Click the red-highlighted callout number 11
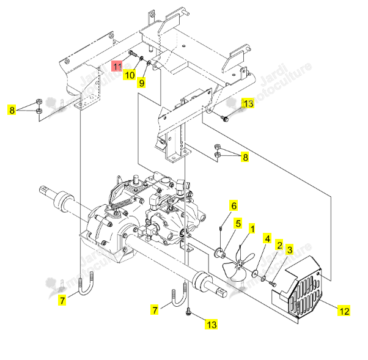pyautogui.click(x=117, y=66)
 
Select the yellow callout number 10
pyautogui.click(x=130, y=75)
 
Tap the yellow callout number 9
pyautogui.click(x=142, y=83)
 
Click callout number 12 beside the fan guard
pyautogui.click(x=344, y=311)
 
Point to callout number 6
pyautogui.click(x=234, y=205)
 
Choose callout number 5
pyautogui.click(x=238, y=224)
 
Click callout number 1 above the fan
pyautogui.click(x=252, y=229)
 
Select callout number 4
pyautogui.click(x=267, y=238)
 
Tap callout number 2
pyautogui.click(x=279, y=245)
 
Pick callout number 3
pyautogui.click(x=290, y=250)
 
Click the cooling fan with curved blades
pyautogui.click(x=238, y=265)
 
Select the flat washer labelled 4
pyautogui.click(x=255, y=273)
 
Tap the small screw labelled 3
pyautogui.click(x=273, y=284)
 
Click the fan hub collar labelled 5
pyautogui.click(x=219, y=252)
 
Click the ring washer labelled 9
pyautogui.click(x=149, y=63)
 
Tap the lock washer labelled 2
pyautogui.click(x=263, y=279)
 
